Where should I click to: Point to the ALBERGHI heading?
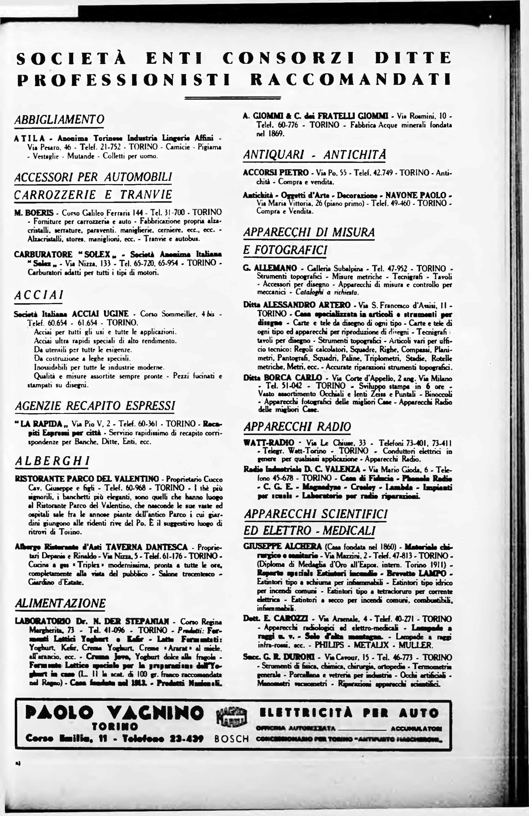52,461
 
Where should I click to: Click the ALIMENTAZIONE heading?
60,603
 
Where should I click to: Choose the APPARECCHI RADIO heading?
297,426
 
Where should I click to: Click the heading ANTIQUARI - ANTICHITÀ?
315,155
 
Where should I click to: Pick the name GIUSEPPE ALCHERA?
282,546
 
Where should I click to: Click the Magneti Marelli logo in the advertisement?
231,717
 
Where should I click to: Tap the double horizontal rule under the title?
233,98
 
